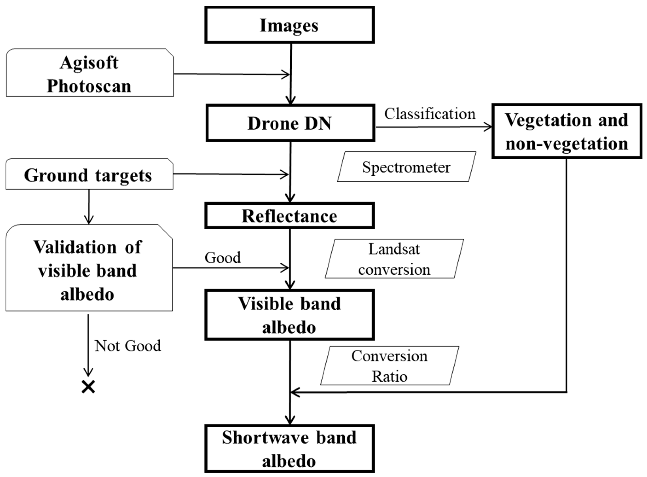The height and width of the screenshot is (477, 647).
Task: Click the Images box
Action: [x=289, y=25]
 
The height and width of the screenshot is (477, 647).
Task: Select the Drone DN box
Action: [x=290, y=123]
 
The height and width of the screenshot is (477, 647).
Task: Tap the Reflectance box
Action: [x=289, y=216]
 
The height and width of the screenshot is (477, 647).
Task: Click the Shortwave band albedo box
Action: [x=289, y=449]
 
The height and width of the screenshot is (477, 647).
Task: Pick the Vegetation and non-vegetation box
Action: [x=566, y=131]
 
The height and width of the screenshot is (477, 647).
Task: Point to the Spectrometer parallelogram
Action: [x=406, y=167]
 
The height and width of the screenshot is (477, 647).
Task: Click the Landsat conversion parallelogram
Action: [x=394, y=259]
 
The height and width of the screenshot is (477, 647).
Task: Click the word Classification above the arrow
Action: [x=429, y=114]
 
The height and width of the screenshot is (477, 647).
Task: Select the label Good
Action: [x=222, y=258]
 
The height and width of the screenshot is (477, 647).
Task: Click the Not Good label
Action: [x=127, y=346]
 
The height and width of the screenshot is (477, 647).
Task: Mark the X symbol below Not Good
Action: [x=88, y=387]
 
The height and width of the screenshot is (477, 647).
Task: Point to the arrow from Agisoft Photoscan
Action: [x=231, y=74]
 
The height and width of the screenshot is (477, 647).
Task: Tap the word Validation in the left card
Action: [x=75, y=247]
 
